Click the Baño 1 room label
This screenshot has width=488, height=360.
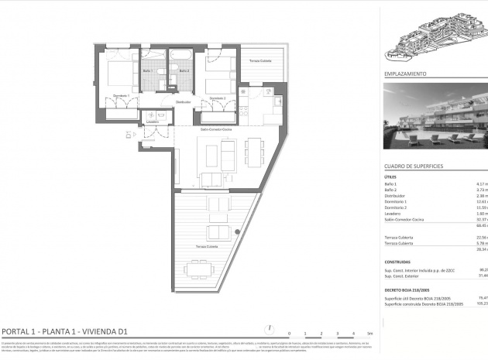pyautogui.click(x=148, y=70)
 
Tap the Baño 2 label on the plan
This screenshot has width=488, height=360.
pyautogui.click(x=184, y=70)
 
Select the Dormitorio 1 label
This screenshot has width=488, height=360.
pyautogui.click(x=121, y=95)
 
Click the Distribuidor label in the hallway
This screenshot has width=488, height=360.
pyautogui.click(x=183, y=102)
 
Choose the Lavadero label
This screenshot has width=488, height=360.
pyautogui.click(x=152, y=122)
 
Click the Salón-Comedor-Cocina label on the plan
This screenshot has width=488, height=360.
pyautogui.click(x=216, y=130)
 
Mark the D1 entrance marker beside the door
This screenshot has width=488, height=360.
pyautogui.click(x=129, y=135)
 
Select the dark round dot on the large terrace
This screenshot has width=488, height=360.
pyautogui.click(x=238, y=231)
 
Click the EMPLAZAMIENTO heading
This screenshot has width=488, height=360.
pyautogui.click(x=405, y=74)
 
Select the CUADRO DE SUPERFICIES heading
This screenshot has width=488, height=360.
pyautogui.click(x=414, y=166)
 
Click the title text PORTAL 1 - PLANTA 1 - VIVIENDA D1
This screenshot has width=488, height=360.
pyautogui.click(x=70, y=330)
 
